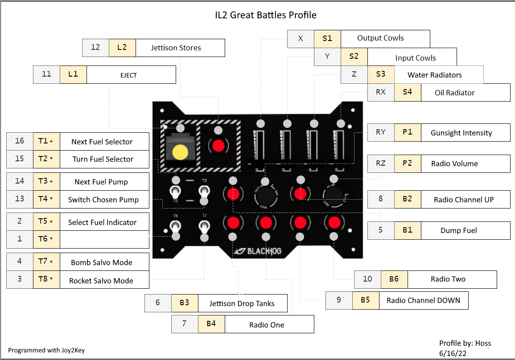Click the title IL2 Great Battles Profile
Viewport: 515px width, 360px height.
tap(266, 15)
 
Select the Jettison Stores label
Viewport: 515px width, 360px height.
tap(176, 48)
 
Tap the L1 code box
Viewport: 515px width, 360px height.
tap(73, 74)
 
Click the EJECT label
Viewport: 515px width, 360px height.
tap(128, 75)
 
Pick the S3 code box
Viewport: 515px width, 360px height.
tap(380, 74)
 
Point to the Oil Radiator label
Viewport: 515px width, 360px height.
tap(454, 93)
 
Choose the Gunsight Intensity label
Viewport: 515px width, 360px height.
tap(461, 133)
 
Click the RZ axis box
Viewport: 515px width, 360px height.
tap(380, 164)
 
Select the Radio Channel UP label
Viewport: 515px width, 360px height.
tap(464, 199)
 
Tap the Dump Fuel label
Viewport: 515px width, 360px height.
tap(458, 230)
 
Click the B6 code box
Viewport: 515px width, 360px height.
tap(394, 279)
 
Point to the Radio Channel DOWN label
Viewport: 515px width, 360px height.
tap(423, 300)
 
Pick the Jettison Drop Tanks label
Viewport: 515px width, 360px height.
tap(242, 304)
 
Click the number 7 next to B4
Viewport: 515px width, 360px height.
tap(185, 324)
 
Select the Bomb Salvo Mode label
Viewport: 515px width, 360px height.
tap(102, 262)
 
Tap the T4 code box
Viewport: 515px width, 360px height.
tap(46, 199)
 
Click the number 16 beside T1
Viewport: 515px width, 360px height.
tap(20, 141)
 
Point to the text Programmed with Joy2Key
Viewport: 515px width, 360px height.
tap(46, 350)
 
